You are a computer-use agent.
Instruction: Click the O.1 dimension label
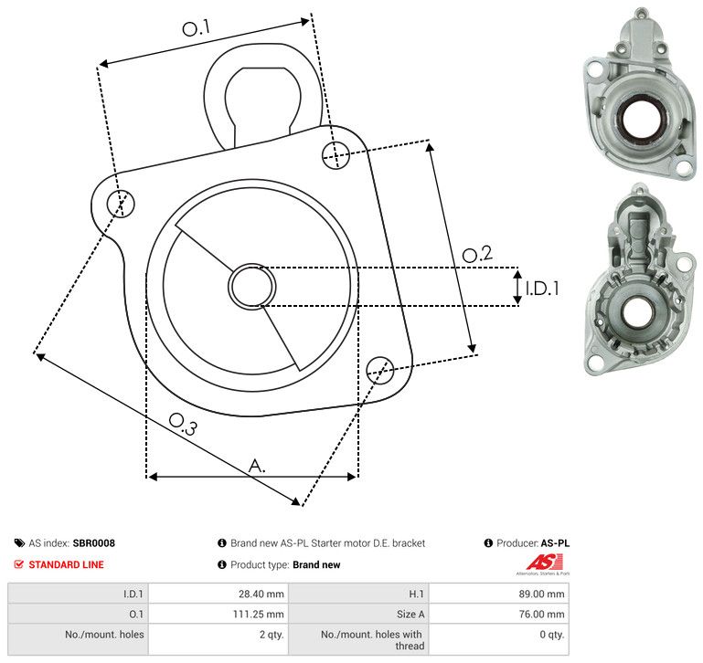196,29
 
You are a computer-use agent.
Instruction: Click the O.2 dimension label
477,255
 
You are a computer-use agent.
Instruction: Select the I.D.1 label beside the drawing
541,289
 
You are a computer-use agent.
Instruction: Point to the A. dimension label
258,466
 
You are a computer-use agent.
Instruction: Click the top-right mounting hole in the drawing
336,153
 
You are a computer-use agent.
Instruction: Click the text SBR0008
94,542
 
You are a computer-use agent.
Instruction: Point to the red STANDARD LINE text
66,564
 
